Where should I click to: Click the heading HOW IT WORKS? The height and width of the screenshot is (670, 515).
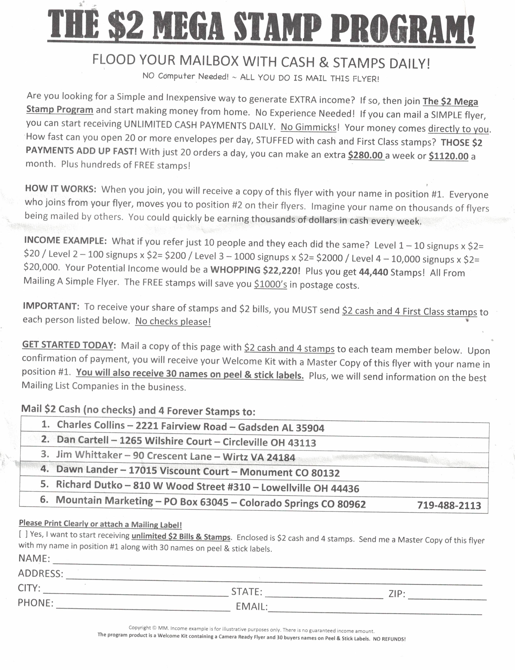[61, 189]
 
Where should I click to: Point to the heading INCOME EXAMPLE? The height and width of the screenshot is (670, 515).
[65, 240]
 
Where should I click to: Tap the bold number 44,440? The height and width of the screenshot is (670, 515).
[373, 272]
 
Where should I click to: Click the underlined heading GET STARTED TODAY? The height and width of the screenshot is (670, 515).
[68, 345]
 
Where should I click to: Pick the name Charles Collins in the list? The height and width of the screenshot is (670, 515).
[91, 425]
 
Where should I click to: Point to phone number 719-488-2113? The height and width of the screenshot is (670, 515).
[449, 505]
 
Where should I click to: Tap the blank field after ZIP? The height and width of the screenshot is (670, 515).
[447, 596]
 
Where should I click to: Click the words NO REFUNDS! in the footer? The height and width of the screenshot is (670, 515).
[389, 639]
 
